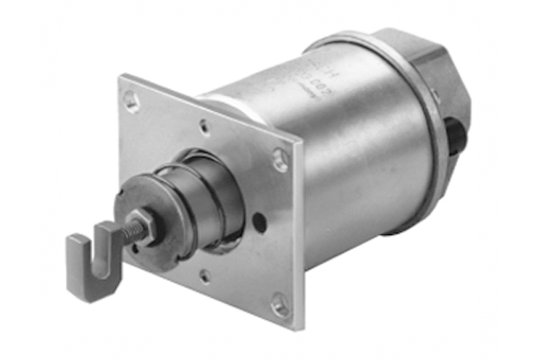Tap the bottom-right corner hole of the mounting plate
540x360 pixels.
click(280, 307)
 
